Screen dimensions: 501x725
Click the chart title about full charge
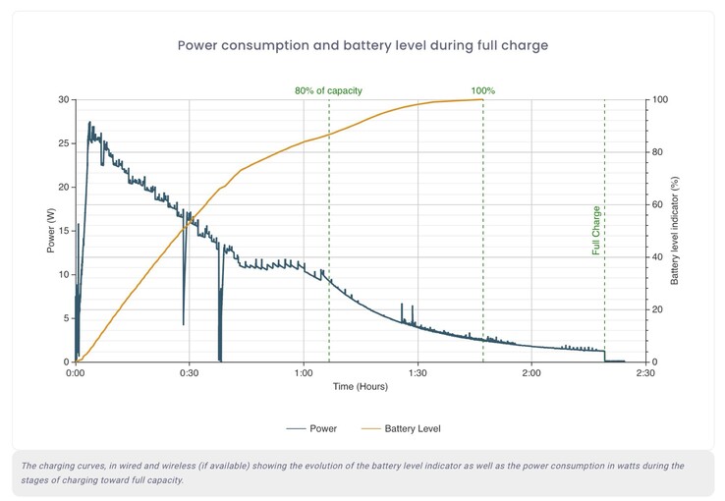362,45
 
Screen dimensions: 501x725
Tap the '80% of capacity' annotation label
328,90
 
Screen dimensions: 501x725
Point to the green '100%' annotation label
482,90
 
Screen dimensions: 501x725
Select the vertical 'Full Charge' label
596,230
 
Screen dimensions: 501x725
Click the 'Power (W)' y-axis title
50,231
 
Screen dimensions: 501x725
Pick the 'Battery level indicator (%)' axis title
675,231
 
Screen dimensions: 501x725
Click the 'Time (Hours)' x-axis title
361,387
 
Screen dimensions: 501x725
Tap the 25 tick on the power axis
63,143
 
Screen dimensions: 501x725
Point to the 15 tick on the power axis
63,231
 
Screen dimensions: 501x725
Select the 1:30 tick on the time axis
418,373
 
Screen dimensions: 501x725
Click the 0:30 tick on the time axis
190,373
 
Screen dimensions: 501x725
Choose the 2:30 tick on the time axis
645,373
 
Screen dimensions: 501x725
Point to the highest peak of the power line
89,123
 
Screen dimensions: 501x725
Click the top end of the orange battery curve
482,99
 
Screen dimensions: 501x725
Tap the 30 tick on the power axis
63,100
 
